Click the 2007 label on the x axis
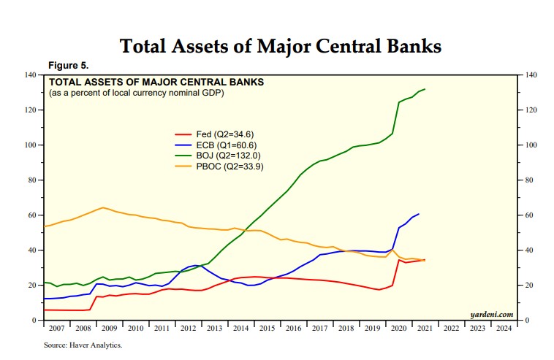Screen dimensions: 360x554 click(56, 329)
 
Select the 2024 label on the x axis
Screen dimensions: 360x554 click(503, 329)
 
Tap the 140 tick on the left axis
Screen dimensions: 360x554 click(31, 75)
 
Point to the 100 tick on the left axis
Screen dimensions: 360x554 click(31, 145)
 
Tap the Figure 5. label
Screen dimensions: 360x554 click(69, 66)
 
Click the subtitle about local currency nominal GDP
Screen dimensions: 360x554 click(136, 93)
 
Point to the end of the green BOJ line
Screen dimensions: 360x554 click(425, 89)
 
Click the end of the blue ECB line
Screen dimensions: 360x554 click(419, 214)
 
